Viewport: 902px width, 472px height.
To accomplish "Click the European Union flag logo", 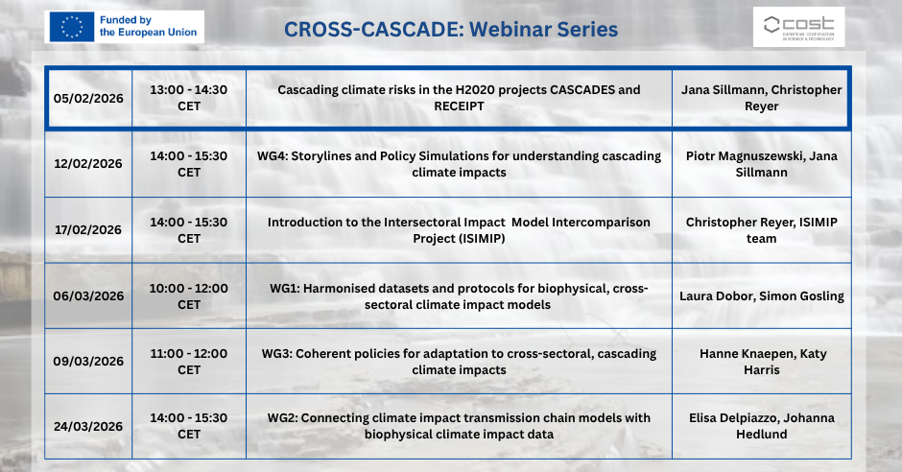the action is point(71,27).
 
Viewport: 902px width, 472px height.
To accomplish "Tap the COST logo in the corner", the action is point(798,27).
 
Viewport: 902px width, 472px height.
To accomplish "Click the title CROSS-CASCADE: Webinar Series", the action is point(451,30).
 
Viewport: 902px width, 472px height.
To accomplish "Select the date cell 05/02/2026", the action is point(88,98).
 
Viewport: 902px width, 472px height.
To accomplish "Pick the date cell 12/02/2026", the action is point(88,164).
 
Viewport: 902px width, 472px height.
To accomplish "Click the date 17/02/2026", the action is point(88,230).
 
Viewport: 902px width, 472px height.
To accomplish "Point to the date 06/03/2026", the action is point(88,296).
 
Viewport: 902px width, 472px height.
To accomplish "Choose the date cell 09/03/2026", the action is point(88,362).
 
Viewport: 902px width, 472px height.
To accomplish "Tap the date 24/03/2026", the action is point(88,427).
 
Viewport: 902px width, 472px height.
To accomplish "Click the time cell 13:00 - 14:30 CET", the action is point(189,98).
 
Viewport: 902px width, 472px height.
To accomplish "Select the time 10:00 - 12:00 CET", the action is point(189,296).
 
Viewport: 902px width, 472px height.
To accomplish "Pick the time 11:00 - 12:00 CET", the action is point(189,362).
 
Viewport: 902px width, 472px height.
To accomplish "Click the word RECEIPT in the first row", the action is point(459,106).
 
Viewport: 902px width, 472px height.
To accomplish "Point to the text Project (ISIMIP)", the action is point(459,239).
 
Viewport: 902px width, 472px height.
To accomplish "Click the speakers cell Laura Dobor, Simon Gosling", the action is point(762,296).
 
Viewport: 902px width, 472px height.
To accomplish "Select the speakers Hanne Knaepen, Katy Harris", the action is point(762,362).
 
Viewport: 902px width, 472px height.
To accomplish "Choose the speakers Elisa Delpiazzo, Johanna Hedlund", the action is point(762,426).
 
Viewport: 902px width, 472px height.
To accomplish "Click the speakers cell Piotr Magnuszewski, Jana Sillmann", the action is point(762,164).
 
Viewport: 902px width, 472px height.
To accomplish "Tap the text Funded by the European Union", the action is point(149,26).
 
